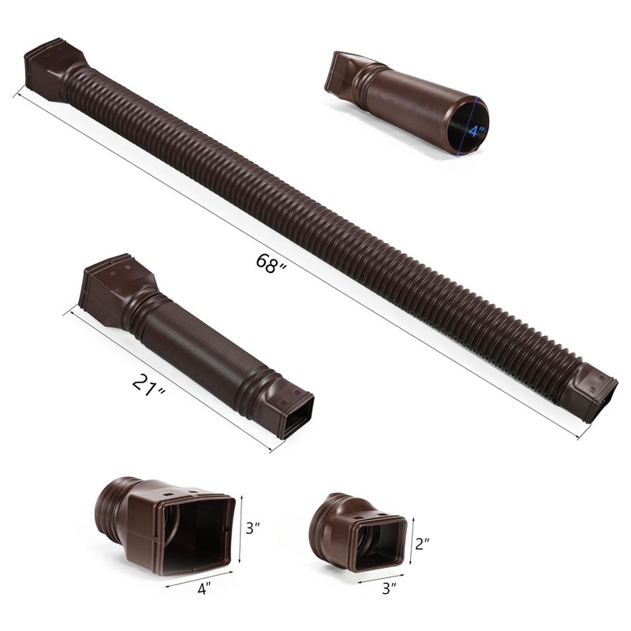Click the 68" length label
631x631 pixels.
271,263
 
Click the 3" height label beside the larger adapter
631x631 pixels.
252,528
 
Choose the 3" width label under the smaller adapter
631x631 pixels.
387,587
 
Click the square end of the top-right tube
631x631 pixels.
342,75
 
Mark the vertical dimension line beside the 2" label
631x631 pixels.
413,543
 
